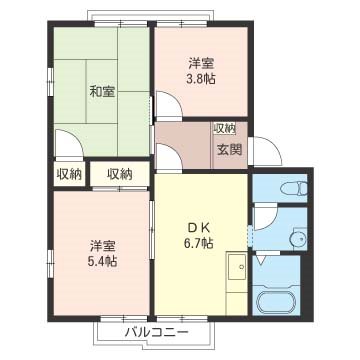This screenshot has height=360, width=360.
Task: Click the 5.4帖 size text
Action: tap(100, 261)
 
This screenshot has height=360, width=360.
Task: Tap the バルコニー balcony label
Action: tap(155, 331)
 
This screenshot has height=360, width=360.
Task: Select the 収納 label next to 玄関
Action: tap(224, 128)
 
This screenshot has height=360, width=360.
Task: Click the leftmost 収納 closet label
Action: tap(69, 173)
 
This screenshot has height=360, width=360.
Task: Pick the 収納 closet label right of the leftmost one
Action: tap(120, 173)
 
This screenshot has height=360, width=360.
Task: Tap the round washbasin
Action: tap(297, 237)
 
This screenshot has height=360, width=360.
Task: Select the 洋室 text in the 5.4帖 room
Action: tap(100, 244)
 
